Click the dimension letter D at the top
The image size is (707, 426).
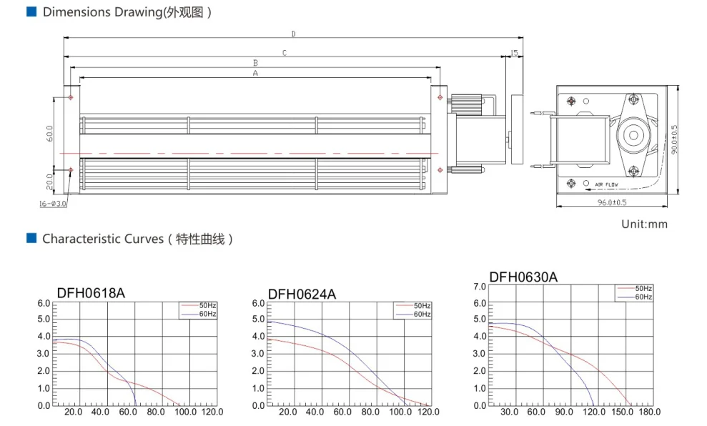click(x=294, y=34)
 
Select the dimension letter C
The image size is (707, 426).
click(x=285, y=53)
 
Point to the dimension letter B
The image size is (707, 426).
click(x=256, y=63)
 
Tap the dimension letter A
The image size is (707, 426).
click(x=256, y=73)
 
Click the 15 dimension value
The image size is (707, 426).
click(x=514, y=53)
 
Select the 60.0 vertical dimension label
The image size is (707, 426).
click(x=49, y=134)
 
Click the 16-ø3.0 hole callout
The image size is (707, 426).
click(x=53, y=204)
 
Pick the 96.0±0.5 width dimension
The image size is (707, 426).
click(x=612, y=202)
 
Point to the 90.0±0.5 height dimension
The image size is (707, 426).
click(x=674, y=140)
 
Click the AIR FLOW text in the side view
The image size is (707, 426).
click(x=606, y=184)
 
